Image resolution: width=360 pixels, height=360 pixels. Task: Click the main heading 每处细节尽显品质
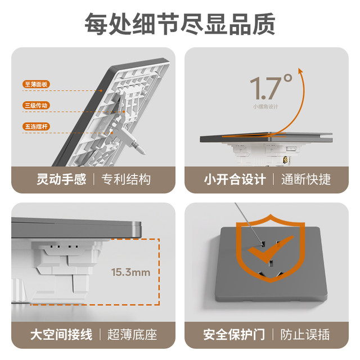[180, 23]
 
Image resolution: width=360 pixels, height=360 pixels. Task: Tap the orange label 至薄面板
[37, 84]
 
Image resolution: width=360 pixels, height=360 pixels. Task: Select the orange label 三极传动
[37, 105]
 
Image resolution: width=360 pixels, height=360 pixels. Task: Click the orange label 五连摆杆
[37, 127]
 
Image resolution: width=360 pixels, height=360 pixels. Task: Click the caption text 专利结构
[126, 179]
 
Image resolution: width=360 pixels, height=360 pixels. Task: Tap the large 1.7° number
[271, 87]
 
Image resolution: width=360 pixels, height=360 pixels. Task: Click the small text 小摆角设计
[265, 106]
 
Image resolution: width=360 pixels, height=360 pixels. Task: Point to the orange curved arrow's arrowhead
[301, 71]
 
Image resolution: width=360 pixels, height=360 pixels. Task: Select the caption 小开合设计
[235, 179]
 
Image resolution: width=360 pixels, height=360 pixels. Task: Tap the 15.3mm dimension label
[130, 272]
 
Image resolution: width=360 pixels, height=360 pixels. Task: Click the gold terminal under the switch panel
[286, 161]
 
